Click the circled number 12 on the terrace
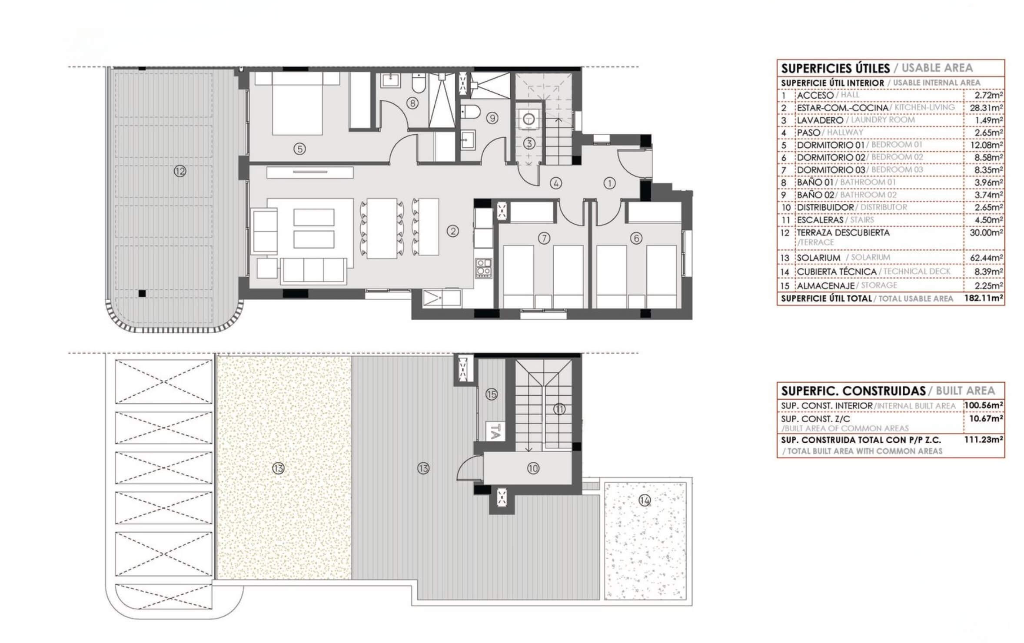[x=180, y=171]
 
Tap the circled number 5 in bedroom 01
[x=299, y=149]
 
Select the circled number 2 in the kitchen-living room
[x=453, y=231]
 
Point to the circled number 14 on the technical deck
[x=645, y=500]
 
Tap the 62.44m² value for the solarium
[x=986, y=258]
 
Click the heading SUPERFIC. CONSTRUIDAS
[x=853, y=391]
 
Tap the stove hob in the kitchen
[x=483, y=268]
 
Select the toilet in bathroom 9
[x=469, y=113]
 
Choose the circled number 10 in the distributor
[x=533, y=468]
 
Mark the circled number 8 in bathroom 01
[x=412, y=103]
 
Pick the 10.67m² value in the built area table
[x=986, y=419]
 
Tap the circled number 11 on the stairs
[x=559, y=409]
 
